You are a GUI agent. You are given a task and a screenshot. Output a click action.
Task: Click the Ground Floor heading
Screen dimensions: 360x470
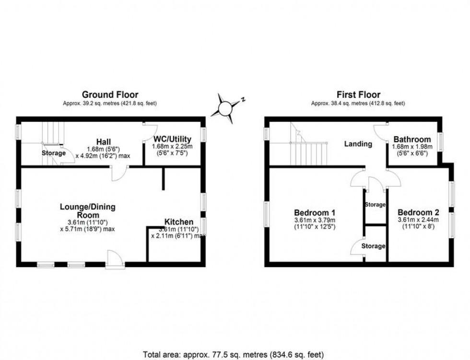click(110, 95)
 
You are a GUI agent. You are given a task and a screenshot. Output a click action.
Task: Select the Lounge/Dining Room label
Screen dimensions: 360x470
click(87, 211)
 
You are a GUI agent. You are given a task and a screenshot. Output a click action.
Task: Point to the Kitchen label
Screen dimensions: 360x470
click(179, 222)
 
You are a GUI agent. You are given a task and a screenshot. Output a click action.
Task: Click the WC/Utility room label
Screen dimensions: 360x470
click(172, 139)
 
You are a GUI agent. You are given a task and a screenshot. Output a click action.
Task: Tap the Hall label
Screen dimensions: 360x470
click(104, 142)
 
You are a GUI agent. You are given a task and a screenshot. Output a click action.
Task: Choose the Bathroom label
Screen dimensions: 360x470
click(411, 139)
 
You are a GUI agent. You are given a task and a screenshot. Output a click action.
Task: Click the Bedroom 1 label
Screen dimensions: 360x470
click(315, 212)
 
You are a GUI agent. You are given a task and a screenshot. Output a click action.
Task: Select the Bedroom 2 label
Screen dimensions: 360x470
click(419, 212)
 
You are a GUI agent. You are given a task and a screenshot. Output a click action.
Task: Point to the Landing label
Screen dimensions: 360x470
click(358, 144)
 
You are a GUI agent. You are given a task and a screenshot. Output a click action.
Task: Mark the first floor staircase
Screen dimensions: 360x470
click(307, 146)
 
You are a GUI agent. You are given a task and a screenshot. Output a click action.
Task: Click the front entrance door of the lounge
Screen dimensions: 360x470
click(115, 259)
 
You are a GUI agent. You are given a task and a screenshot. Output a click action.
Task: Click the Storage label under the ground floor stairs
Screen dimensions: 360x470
click(53, 153)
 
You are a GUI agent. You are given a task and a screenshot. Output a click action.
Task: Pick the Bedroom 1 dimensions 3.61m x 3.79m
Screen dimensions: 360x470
click(315, 220)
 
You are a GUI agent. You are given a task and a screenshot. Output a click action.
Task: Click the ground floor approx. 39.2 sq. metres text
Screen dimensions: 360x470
click(110, 103)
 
